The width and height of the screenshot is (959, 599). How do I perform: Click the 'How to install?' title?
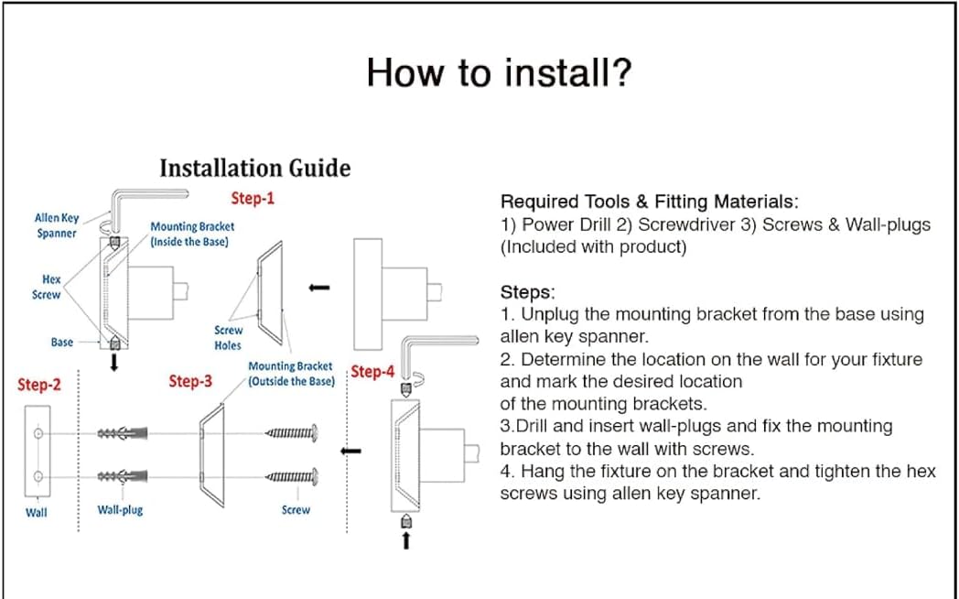[x=499, y=72]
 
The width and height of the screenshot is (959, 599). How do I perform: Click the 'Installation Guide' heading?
[x=254, y=169]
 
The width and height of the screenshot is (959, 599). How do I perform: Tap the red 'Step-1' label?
[x=253, y=198]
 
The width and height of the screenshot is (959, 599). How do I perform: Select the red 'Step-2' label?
[x=39, y=386]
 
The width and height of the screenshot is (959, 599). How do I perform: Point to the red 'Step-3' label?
[x=190, y=381]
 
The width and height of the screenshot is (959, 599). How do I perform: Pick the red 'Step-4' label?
[x=372, y=372]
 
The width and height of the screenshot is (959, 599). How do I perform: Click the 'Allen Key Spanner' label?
[x=57, y=225]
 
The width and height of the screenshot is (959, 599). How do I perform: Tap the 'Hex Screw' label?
[x=51, y=287]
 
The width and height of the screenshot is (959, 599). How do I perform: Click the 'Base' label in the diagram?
[x=62, y=342]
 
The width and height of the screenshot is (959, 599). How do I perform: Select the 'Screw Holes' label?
[x=229, y=337]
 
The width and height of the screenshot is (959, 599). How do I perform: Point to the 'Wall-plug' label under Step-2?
[x=120, y=509]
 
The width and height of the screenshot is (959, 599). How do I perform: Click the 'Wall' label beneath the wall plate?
[x=36, y=512]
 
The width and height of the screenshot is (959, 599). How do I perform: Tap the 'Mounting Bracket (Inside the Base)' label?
[x=192, y=234]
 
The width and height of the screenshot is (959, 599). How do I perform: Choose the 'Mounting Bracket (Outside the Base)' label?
[x=291, y=374]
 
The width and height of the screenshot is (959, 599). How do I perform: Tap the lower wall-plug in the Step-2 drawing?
[x=121, y=476]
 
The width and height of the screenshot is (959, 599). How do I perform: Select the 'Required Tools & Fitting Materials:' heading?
[x=650, y=201]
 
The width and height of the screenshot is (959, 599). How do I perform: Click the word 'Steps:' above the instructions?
[x=528, y=292]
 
